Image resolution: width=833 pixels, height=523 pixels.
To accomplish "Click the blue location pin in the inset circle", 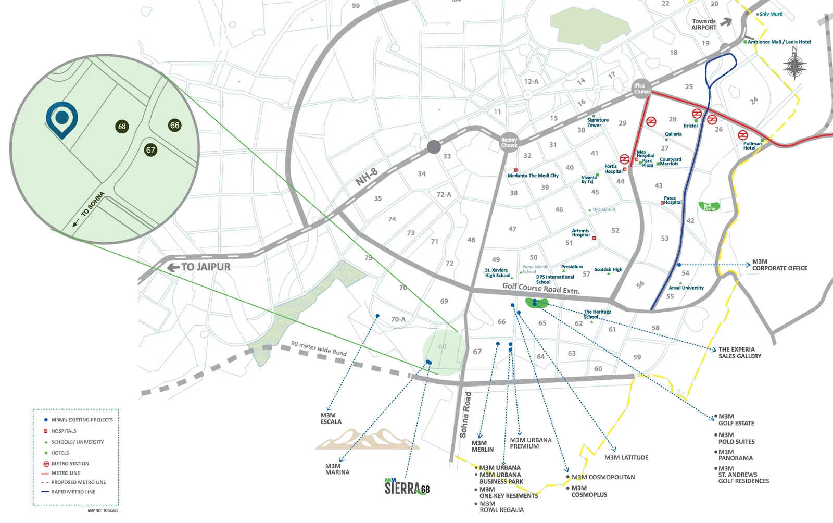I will click(x=62, y=118).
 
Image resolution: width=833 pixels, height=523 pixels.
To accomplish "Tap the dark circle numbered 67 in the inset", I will click(x=150, y=150).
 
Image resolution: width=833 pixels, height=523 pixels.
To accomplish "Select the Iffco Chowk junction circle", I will click(x=641, y=89).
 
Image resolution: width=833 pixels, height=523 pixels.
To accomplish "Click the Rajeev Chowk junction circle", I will click(x=509, y=142).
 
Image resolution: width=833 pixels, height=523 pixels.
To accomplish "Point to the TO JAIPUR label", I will click(x=200, y=267).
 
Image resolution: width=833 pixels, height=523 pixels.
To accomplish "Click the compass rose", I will click(x=794, y=66).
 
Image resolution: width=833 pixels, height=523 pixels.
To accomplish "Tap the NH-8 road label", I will click(x=367, y=177).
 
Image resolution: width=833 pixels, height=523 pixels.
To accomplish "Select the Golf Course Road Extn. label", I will click(x=540, y=288).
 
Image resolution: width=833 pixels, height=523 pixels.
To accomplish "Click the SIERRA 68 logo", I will click(x=407, y=487).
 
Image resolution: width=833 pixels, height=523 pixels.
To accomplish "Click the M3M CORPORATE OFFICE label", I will click(x=779, y=265).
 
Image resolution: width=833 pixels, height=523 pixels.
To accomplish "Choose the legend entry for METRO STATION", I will click(x=70, y=464).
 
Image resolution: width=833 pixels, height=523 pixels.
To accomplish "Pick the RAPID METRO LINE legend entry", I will click(x=73, y=492).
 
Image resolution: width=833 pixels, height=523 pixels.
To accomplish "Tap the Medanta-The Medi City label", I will click(x=533, y=176).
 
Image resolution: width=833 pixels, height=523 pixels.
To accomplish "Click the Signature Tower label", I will click(x=597, y=122).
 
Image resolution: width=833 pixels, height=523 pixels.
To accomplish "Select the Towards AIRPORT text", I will click(x=704, y=24).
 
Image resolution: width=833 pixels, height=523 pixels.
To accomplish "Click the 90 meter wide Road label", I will click(x=319, y=348).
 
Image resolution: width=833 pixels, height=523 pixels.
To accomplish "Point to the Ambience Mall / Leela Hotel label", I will click(x=779, y=42).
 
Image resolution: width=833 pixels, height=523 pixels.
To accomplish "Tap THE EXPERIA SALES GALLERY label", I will click(x=739, y=353).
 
